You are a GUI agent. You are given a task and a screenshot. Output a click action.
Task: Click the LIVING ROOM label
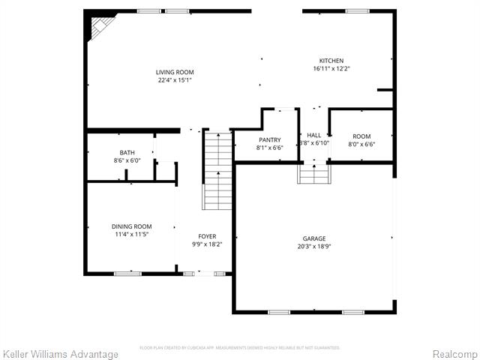[x=175, y=72]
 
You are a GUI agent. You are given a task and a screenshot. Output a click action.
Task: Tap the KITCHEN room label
[x=331, y=61]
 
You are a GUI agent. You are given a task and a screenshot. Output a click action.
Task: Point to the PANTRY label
[x=270, y=139]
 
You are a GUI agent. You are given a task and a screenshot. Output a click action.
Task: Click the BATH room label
[x=127, y=152]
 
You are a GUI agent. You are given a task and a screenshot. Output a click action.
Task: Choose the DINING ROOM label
[x=132, y=226]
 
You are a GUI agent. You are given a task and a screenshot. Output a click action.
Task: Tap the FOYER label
[x=207, y=236]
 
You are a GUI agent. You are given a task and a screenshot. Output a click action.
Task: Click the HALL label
[x=313, y=136]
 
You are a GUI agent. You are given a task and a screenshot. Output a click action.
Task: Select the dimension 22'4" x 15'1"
[x=175, y=80]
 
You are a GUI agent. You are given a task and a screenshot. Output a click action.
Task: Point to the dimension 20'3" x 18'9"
[x=314, y=247]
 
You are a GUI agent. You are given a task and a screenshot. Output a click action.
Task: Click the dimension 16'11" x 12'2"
[x=331, y=69]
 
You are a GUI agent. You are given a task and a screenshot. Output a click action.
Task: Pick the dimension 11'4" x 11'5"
[x=132, y=234]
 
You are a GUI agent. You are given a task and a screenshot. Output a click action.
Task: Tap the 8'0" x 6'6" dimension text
[x=362, y=144]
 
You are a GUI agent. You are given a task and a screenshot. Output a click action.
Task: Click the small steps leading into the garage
[x=313, y=174]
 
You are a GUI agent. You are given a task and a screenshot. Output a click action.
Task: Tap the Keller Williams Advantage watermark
[x=61, y=354]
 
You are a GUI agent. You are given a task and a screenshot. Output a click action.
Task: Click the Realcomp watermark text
[x=455, y=354]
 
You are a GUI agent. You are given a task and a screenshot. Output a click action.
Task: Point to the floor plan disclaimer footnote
[x=240, y=348]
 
